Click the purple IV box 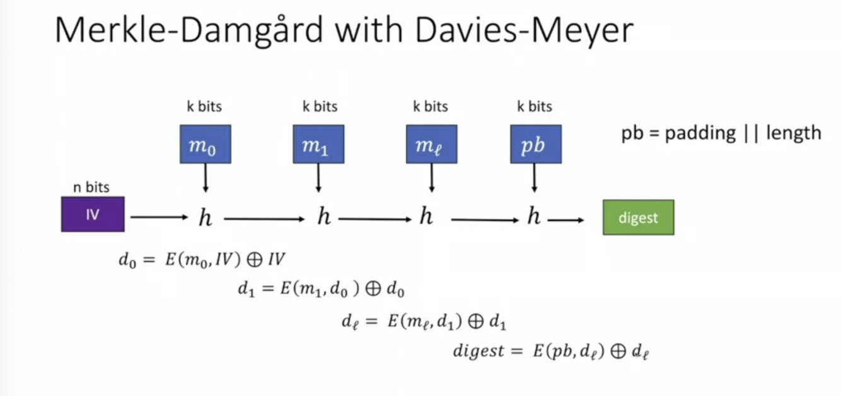pos(93,214)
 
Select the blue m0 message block pos(206,144)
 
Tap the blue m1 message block pos(318,144)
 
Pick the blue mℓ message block pos(431,144)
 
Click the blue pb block pos(535,144)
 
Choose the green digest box pos(638,218)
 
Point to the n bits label pos(92,187)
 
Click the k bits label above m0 pos(204,106)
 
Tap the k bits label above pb pos(535,106)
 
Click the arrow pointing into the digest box pos(565,219)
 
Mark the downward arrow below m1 pos(318,178)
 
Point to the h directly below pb pos(534,218)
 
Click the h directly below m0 pos(206,218)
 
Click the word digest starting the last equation pos(479,351)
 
